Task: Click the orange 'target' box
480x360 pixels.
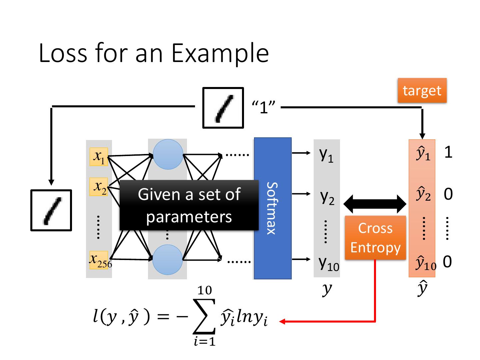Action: pyautogui.click(x=422, y=90)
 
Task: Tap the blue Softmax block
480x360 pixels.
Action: pyautogui.click(x=272, y=208)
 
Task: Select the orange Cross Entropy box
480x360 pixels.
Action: pyautogui.click(x=375, y=238)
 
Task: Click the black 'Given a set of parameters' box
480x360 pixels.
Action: pyautogui.click(x=189, y=205)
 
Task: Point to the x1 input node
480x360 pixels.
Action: pyautogui.click(x=99, y=157)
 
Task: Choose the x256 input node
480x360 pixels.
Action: pyautogui.click(x=99, y=260)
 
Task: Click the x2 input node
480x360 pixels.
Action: pyautogui.click(x=99, y=187)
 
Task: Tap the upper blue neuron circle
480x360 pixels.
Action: pyautogui.click(x=168, y=154)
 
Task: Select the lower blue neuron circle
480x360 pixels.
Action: pyautogui.click(x=167, y=260)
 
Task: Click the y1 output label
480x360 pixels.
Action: pyautogui.click(x=326, y=155)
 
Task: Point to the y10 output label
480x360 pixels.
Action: pyautogui.click(x=328, y=264)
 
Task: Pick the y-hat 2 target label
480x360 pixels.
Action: pyautogui.click(x=423, y=194)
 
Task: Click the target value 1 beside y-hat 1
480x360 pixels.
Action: pyautogui.click(x=448, y=152)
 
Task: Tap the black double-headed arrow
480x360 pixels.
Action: pyautogui.click(x=375, y=204)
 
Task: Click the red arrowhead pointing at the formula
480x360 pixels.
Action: pyautogui.click(x=282, y=321)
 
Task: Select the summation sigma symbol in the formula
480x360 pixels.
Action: pyautogui.click(x=204, y=316)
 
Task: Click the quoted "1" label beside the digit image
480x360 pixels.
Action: pyautogui.click(x=264, y=107)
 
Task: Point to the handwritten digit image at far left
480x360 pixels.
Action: pyautogui.click(x=51, y=210)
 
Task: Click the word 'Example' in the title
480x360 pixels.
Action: pyautogui.click(x=220, y=54)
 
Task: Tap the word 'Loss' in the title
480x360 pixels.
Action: pyautogui.click(x=63, y=53)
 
